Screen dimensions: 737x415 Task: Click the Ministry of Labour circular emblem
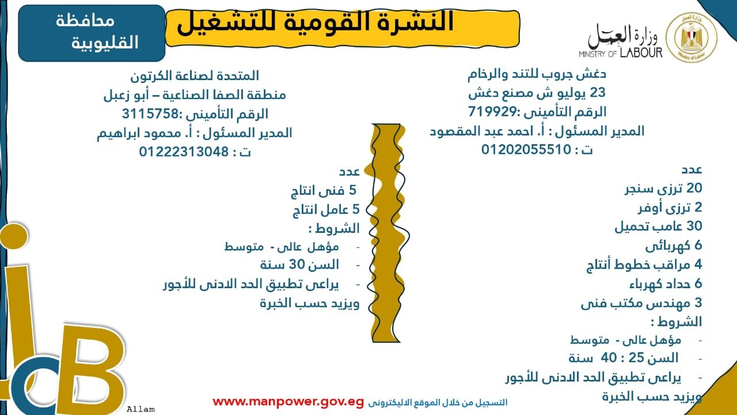click(692, 37)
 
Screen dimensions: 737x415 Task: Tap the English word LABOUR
click(641, 53)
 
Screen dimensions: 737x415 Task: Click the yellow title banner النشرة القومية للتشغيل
click(342, 28)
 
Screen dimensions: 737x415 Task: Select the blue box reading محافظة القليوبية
click(92, 33)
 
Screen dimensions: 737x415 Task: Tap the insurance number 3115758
click(150, 114)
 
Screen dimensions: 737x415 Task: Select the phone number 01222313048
click(184, 152)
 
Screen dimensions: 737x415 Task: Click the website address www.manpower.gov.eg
click(288, 402)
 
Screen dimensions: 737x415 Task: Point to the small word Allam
click(141, 409)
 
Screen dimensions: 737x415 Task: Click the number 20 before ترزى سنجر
click(694, 188)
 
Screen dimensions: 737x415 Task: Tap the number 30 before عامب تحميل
click(694, 226)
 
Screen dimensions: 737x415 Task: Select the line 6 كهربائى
click(674, 246)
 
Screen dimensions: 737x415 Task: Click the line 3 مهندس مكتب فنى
click(641, 303)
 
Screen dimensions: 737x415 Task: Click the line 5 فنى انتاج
click(324, 191)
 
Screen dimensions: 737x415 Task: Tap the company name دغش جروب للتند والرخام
click(537, 74)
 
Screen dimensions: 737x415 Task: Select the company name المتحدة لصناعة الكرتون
click(195, 76)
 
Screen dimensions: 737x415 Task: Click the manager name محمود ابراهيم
click(139, 133)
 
